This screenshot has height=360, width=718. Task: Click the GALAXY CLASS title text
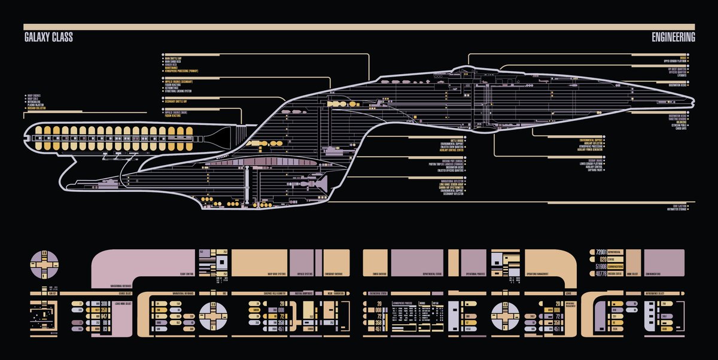pos(48,38)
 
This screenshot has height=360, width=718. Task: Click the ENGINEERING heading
pos(673,38)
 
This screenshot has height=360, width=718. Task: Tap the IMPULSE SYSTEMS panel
pos(305,263)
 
